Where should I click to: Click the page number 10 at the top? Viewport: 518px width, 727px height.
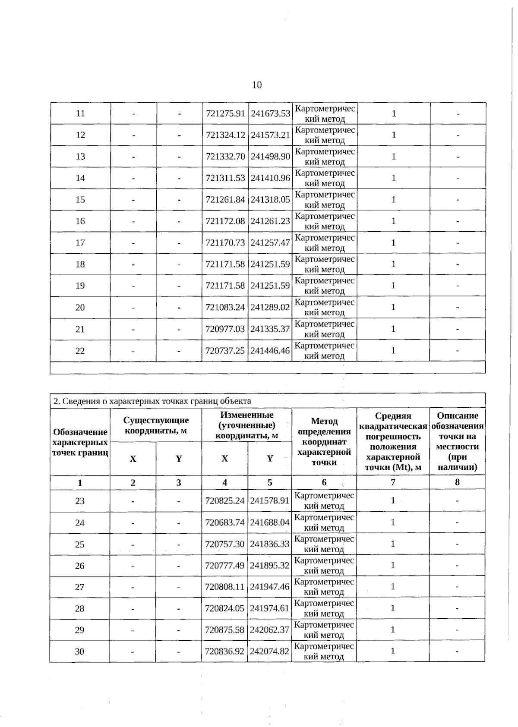(x=256, y=85)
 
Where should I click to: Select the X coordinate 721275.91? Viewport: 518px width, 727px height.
(x=225, y=113)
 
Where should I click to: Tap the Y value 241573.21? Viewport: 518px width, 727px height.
(x=270, y=135)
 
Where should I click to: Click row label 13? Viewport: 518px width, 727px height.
(x=80, y=157)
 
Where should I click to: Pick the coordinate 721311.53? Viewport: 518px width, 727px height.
(x=225, y=178)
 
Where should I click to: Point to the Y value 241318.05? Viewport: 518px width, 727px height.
(x=270, y=200)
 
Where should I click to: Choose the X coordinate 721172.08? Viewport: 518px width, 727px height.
(x=225, y=221)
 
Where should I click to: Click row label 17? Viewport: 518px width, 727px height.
(x=80, y=243)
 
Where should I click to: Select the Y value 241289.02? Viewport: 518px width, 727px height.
(x=270, y=308)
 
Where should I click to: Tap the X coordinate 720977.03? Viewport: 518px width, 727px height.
(x=225, y=329)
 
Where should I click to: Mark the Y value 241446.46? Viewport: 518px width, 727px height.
(x=270, y=351)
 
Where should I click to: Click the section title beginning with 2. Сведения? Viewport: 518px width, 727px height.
(x=152, y=401)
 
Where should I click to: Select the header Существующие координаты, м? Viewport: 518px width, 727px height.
(x=156, y=425)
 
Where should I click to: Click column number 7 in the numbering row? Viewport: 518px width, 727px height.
(x=393, y=482)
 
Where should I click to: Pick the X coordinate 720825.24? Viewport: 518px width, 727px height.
(x=225, y=501)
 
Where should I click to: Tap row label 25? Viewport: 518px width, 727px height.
(x=80, y=544)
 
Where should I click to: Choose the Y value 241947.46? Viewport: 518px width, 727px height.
(x=270, y=587)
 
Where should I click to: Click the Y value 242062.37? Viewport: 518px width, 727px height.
(x=270, y=630)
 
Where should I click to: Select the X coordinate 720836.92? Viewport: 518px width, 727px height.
(x=225, y=651)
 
